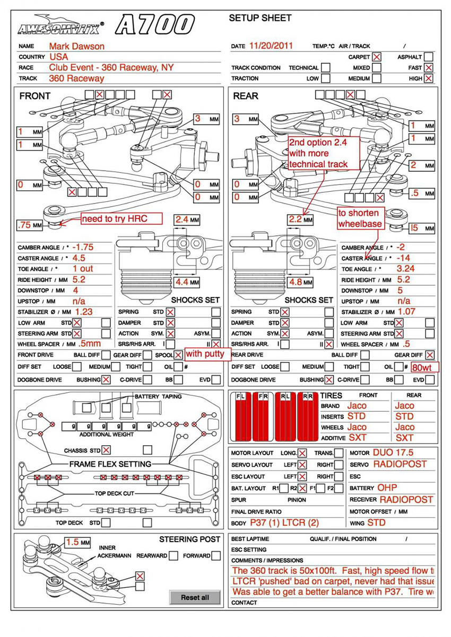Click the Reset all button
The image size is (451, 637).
point(195,597)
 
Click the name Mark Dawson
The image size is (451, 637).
point(76,46)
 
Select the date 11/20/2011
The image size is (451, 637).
point(271,46)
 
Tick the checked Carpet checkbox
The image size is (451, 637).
point(377,57)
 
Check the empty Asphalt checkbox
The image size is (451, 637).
point(429,57)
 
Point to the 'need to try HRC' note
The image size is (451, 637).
point(113,218)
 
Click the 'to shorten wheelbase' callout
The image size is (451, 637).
point(359,218)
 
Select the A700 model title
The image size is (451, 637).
point(154,24)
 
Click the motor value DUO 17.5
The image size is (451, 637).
point(393,453)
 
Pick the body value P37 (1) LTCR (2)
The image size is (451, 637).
point(284,523)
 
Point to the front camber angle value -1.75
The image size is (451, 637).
point(83,247)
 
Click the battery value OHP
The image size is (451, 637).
point(387,488)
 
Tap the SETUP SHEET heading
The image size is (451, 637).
point(260,19)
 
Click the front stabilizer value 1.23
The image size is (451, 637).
point(83,312)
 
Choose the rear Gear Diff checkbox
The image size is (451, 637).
point(429,355)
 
